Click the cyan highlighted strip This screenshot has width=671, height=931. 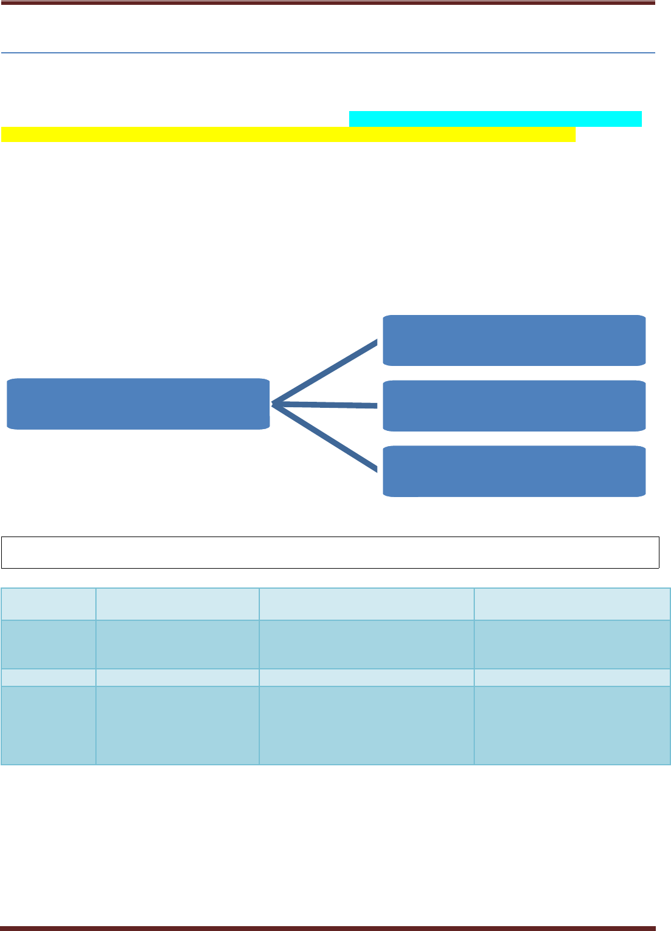coord(496,119)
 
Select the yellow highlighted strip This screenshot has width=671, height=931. coord(288,134)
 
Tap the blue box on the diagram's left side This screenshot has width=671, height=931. coord(138,404)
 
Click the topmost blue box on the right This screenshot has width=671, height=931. coord(514,340)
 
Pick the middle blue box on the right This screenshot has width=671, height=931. coord(514,405)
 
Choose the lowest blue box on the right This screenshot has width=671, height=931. coord(514,471)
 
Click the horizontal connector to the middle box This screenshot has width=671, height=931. coord(326,404)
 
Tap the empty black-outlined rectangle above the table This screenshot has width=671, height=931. coord(330,552)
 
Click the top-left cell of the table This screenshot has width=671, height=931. coord(49,603)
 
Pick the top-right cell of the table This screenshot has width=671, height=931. coord(572,603)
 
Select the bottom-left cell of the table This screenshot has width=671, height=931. coord(49,725)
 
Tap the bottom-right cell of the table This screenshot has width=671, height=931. coord(572,725)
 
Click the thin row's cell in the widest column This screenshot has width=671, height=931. coord(366,677)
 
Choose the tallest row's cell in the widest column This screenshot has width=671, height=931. coord(366,725)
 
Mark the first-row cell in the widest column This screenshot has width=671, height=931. coord(366,603)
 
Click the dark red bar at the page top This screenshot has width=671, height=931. coord(328,2)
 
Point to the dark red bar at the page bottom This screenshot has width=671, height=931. coord(328,927)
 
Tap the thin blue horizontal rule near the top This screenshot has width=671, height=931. coord(328,53)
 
